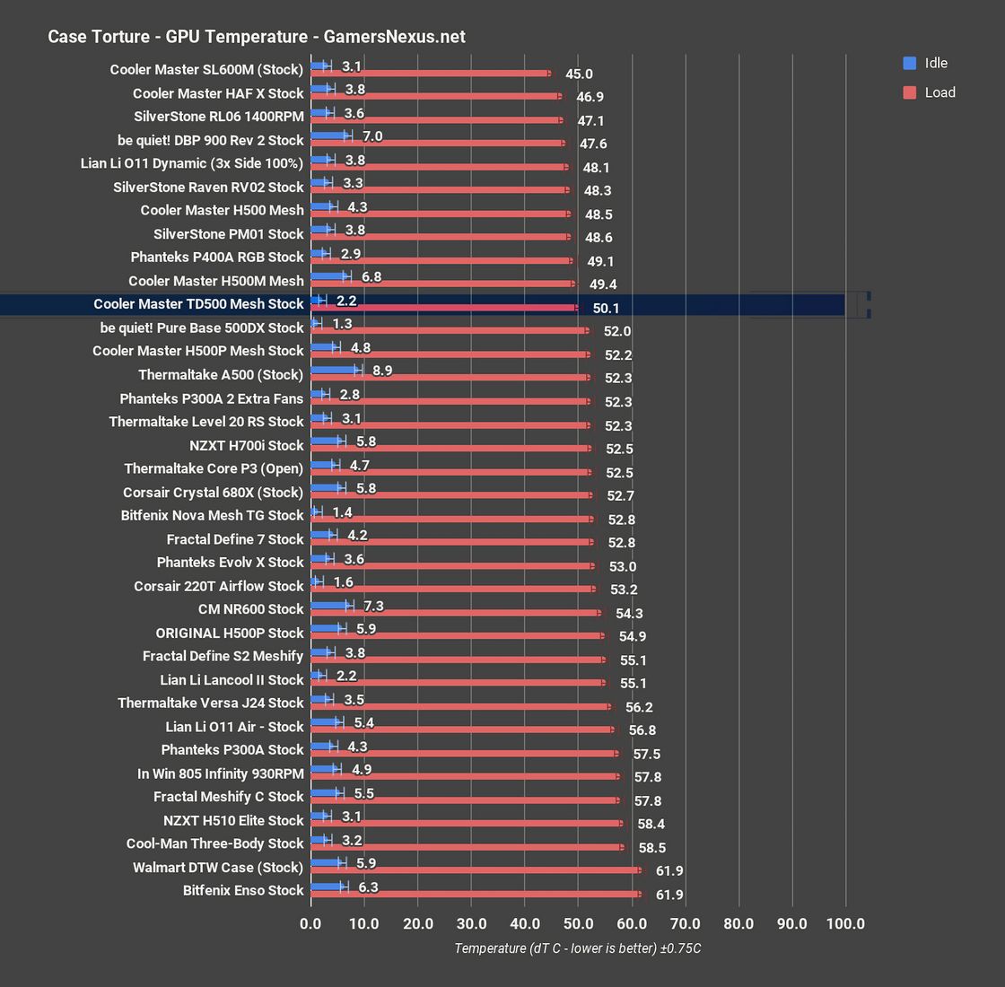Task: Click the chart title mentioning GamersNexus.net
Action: pos(256,37)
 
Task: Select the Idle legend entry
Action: pos(925,63)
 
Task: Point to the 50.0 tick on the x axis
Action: pos(579,923)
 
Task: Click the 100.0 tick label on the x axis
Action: pos(845,923)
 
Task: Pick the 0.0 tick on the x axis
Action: pos(310,923)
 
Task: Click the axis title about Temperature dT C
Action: pos(577,948)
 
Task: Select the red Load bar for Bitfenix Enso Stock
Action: pos(476,895)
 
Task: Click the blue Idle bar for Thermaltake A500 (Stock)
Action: pos(335,369)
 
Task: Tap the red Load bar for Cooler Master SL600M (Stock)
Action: pos(431,74)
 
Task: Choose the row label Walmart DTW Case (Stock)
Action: pos(218,868)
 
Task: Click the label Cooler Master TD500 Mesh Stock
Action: pos(198,304)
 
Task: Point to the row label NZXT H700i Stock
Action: pos(247,445)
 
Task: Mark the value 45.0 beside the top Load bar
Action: pos(579,74)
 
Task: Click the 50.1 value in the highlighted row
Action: pos(606,309)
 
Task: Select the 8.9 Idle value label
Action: pos(382,370)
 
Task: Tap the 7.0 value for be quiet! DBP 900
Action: pos(372,136)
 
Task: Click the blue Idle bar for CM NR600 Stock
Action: pos(330,606)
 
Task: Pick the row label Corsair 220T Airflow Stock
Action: pos(219,586)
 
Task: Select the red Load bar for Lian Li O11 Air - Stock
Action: pos(462,730)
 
